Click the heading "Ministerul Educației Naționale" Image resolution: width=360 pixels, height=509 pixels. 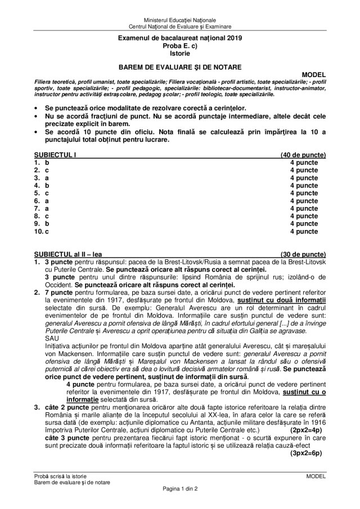coord(179,20)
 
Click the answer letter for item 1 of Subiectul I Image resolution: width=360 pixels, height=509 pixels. coord(47,162)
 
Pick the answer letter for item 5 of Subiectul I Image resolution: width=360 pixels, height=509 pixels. coord(47,193)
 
